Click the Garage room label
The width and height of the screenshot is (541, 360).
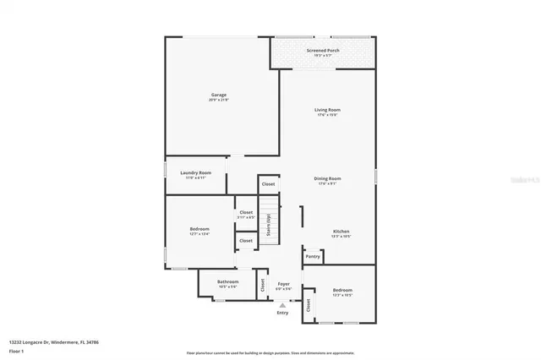pos(218,95)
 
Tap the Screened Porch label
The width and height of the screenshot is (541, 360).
pos(323,51)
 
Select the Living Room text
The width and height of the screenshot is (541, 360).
pos(327,110)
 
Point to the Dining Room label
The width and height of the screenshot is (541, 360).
pos(327,178)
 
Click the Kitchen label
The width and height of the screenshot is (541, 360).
pos(341,231)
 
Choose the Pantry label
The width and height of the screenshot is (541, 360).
pos(313,256)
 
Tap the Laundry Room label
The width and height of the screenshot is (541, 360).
pos(195,172)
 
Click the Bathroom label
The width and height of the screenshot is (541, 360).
pos(227,281)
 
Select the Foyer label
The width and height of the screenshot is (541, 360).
pos(284,284)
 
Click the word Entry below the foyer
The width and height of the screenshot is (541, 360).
pos(282,313)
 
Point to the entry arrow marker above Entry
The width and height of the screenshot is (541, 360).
pos(282,304)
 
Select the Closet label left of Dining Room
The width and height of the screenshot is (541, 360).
pos(268,183)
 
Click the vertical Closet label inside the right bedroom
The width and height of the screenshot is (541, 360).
pos(309,306)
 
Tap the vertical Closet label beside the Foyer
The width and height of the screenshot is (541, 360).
pos(263,285)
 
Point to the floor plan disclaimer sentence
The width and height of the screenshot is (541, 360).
pos(270,352)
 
